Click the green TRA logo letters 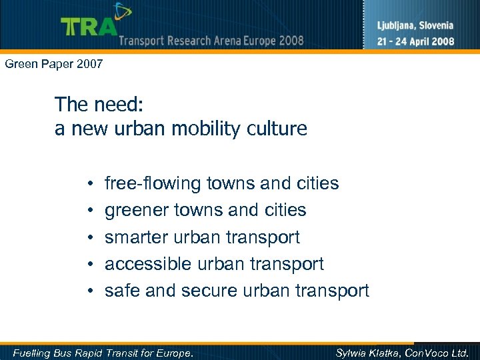click(89, 26)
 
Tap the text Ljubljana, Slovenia click(415, 26)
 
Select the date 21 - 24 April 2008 click(415, 41)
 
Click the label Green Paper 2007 click(53, 65)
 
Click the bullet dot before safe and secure click(89, 291)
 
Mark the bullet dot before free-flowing click(89, 184)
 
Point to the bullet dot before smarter click(89, 238)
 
